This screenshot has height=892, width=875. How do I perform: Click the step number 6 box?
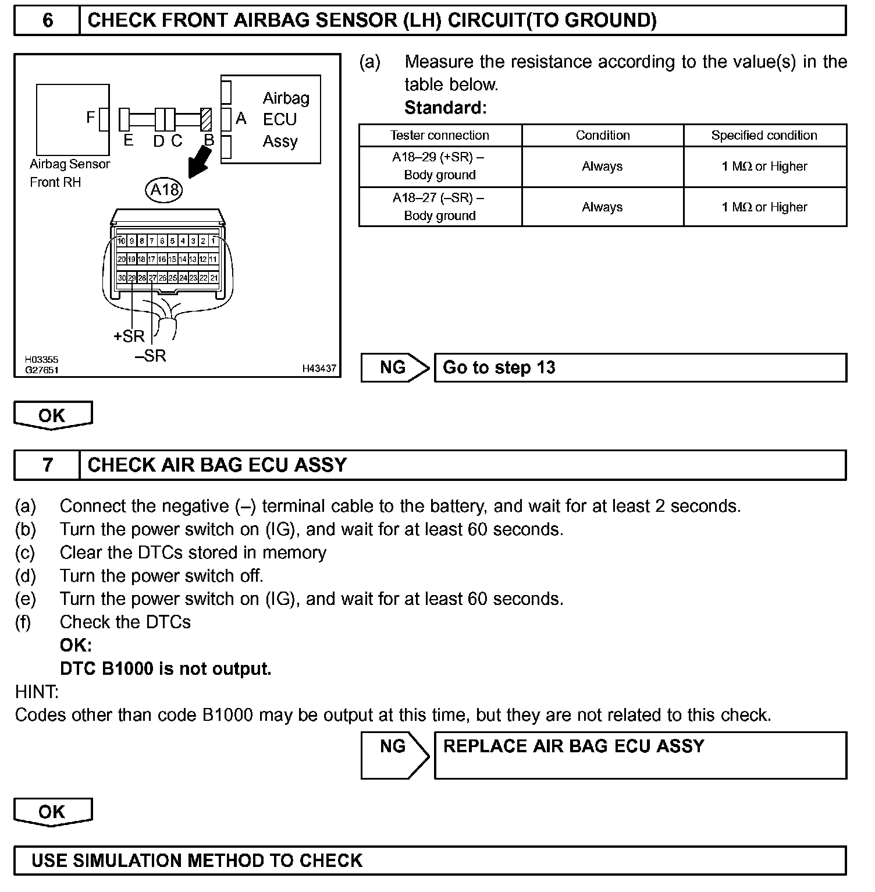pyautogui.click(x=47, y=21)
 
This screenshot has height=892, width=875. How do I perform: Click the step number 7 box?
pyautogui.click(x=47, y=465)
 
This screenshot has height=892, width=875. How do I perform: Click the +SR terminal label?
pyautogui.click(x=129, y=336)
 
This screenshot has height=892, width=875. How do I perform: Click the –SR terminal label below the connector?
pyautogui.click(x=151, y=356)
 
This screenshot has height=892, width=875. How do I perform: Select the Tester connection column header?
pyautogui.click(x=440, y=135)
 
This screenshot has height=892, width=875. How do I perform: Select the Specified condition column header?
pyautogui.click(x=764, y=135)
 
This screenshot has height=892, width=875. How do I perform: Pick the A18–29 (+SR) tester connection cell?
pyautogui.click(x=440, y=166)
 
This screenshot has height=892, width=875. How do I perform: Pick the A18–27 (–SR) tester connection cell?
pyautogui.click(x=440, y=207)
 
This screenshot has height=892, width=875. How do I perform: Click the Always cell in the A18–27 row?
pyautogui.click(x=602, y=207)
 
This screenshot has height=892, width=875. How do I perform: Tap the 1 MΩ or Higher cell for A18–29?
pyautogui.click(x=764, y=166)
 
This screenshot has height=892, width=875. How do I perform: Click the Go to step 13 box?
pyautogui.click(x=640, y=368)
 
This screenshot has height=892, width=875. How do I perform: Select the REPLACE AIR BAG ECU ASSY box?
pyautogui.click(x=640, y=755)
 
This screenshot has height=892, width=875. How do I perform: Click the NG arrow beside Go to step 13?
pyautogui.click(x=394, y=367)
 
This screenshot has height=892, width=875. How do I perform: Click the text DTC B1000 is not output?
pyautogui.click(x=166, y=668)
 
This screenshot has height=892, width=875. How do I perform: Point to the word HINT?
pyautogui.click(x=37, y=692)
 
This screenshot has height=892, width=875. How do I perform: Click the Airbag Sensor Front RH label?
pyautogui.click(x=69, y=173)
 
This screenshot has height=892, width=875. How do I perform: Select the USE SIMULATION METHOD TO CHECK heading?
pyautogui.click(x=197, y=861)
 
